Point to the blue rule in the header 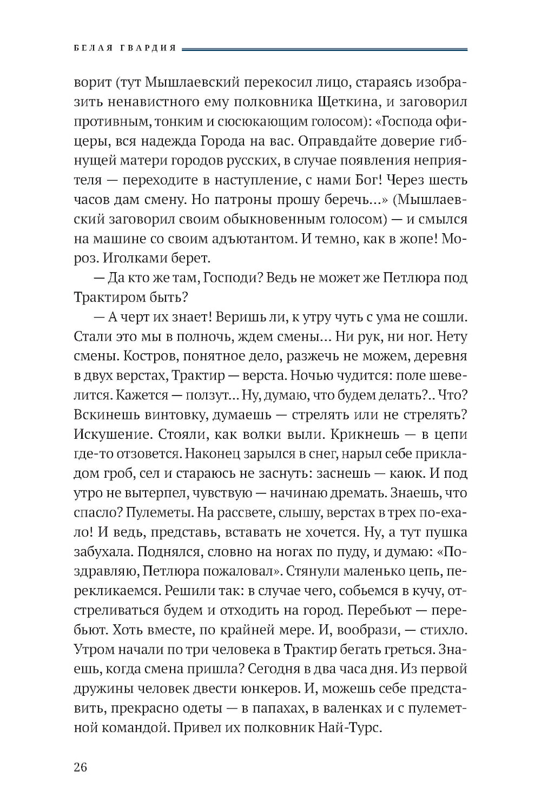pos(325,49)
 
